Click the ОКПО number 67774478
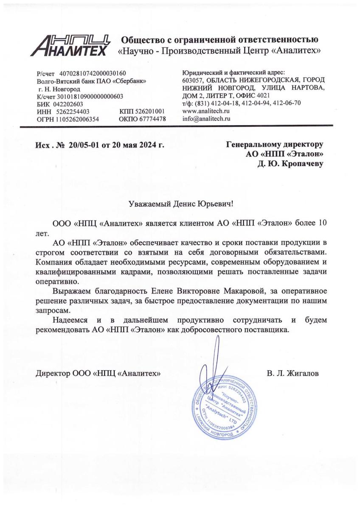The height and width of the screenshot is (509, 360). click(148, 119)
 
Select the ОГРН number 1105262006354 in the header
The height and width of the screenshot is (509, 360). click(77, 119)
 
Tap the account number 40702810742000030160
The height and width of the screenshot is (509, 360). click(93, 73)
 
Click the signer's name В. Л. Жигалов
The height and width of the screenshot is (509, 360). click(293, 374)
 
